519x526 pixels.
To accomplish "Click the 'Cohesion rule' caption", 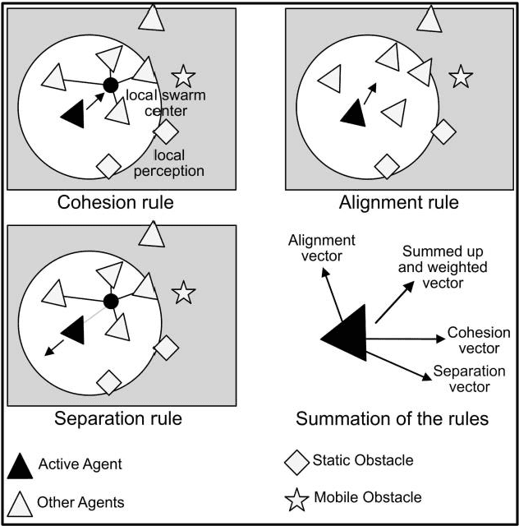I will (117, 203).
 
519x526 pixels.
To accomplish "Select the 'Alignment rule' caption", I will (398, 203).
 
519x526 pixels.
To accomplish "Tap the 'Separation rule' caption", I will (117, 418).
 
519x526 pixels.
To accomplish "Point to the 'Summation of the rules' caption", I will (392, 419).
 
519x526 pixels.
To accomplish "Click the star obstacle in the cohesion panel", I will (183, 77).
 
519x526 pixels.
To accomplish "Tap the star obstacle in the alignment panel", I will (462, 77).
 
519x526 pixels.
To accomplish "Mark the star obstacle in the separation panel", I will (183, 293).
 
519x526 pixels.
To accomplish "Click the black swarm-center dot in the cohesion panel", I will (111, 85).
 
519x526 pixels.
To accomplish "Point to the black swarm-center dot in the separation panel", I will (112, 302).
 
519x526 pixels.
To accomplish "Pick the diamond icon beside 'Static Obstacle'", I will (296, 462).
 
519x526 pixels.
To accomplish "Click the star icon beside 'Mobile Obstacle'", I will (297, 498).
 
